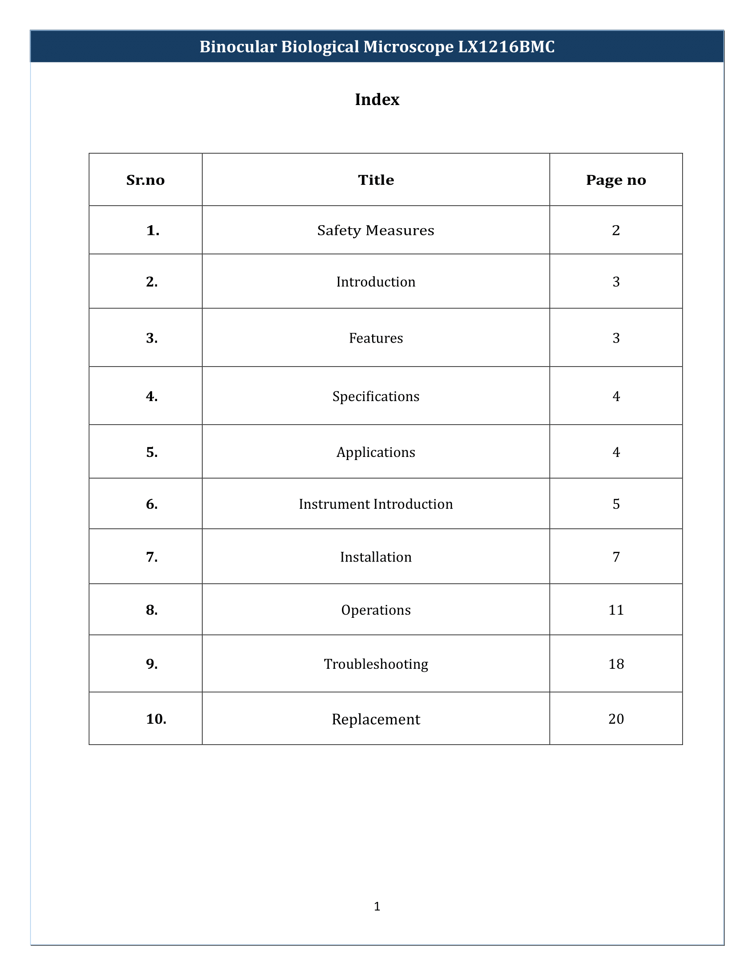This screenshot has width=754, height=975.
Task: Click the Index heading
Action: point(377,100)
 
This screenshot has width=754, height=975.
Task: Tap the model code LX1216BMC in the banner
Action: point(506,47)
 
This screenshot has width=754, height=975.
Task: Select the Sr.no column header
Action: point(145,180)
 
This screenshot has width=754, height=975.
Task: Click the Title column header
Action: point(376,180)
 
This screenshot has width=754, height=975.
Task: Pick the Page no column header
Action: point(616,180)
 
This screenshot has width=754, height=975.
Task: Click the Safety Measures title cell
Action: point(376,230)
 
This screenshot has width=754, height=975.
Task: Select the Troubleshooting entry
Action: point(376,664)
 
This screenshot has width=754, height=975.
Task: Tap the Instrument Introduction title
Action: point(376,504)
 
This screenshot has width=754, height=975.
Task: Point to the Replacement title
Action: point(376,719)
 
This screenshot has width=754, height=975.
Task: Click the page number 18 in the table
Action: point(616,664)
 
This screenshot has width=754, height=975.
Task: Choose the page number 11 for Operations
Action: point(616,610)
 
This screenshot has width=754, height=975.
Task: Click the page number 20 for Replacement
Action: point(616,719)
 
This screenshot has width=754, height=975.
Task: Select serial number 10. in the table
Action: point(156,719)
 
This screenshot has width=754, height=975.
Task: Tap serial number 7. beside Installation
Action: point(152,557)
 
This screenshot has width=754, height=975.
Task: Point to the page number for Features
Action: point(616,338)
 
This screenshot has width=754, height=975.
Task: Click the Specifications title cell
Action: point(376,397)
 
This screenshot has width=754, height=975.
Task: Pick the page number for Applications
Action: point(616,452)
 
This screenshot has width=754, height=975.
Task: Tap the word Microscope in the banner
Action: point(408,47)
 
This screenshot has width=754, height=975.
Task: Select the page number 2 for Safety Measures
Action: point(616,230)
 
